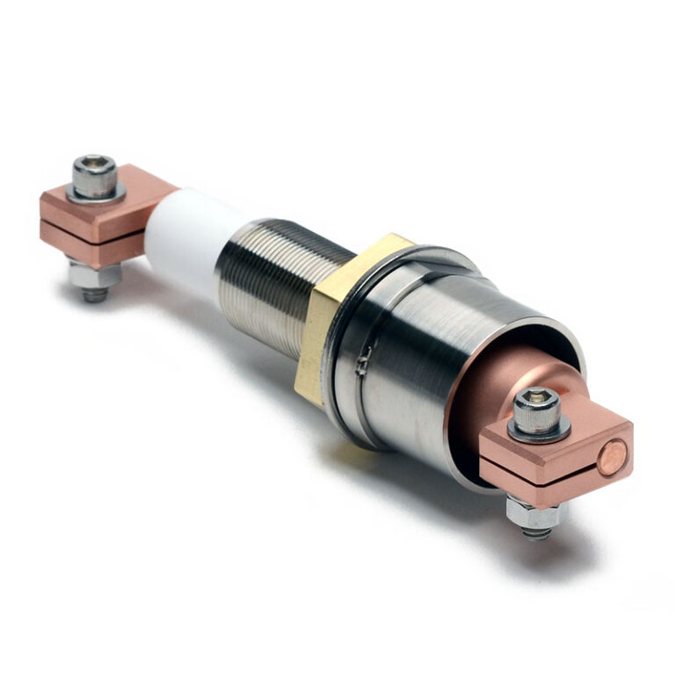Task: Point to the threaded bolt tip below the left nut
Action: coord(95,294)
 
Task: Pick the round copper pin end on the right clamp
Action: coord(613,455)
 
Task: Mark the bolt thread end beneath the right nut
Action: coord(537,533)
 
